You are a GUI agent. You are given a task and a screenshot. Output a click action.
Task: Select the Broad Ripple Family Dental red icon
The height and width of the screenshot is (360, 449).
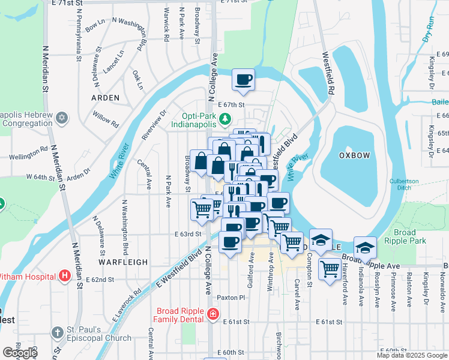(x=211, y=314)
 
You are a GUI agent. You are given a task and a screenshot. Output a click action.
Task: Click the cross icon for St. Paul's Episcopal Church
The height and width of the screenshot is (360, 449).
(x=57, y=332)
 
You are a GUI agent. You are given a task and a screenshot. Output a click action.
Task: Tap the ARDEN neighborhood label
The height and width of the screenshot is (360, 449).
(x=106, y=97)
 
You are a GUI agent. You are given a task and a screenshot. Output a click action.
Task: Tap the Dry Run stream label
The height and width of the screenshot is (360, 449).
(x=427, y=28)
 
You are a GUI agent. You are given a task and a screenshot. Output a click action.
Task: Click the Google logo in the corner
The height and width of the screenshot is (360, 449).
(x=19, y=353)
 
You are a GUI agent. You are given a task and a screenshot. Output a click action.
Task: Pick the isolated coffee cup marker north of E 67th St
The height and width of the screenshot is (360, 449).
(x=243, y=80)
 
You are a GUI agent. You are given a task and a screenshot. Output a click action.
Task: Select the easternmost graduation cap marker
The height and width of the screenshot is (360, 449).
(x=365, y=247)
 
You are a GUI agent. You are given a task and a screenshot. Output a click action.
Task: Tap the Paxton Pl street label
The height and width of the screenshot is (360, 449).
(x=232, y=297)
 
